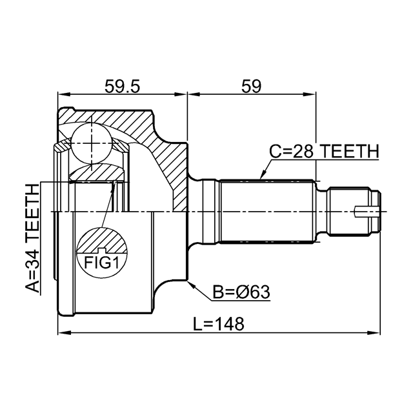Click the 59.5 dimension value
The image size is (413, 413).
pyautogui.click(x=122, y=86)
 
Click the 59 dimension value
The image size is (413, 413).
pyautogui.click(x=251, y=86)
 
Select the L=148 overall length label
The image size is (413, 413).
pyautogui.click(x=219, y=324)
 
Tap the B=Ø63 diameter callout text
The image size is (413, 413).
pyautogui.click(x=241, y=292)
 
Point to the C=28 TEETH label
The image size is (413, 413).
pyautogui.click(x=324, y=151)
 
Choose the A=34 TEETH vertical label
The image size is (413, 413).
pyautogui.click(x=33, y=238)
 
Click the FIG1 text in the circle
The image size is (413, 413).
pyautogui.click(x=102, y=263)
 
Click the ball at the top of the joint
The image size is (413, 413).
pyautogui.click(x=92, y=143)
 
